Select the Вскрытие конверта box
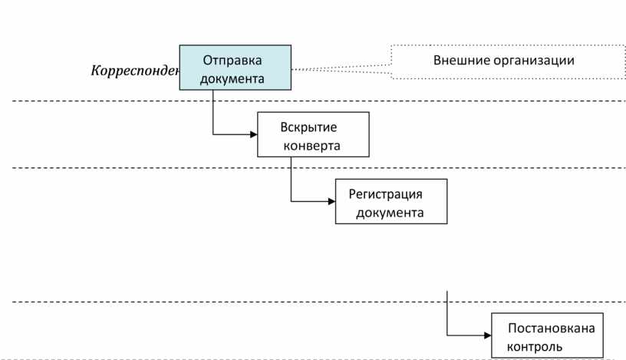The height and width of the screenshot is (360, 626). pos(313,134)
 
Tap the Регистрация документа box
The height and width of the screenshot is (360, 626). pos(391,201)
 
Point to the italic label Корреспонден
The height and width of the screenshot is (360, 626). pos(135,71)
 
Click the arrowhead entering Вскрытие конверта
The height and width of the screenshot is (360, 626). pos(253,134)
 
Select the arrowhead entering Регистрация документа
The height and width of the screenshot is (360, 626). pos(331,201)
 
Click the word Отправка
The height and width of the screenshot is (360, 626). pos(233,60)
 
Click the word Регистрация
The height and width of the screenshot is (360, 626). pos(386,193)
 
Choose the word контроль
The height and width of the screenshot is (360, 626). pos(530,345)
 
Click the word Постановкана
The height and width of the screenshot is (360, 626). pos(552,329)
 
